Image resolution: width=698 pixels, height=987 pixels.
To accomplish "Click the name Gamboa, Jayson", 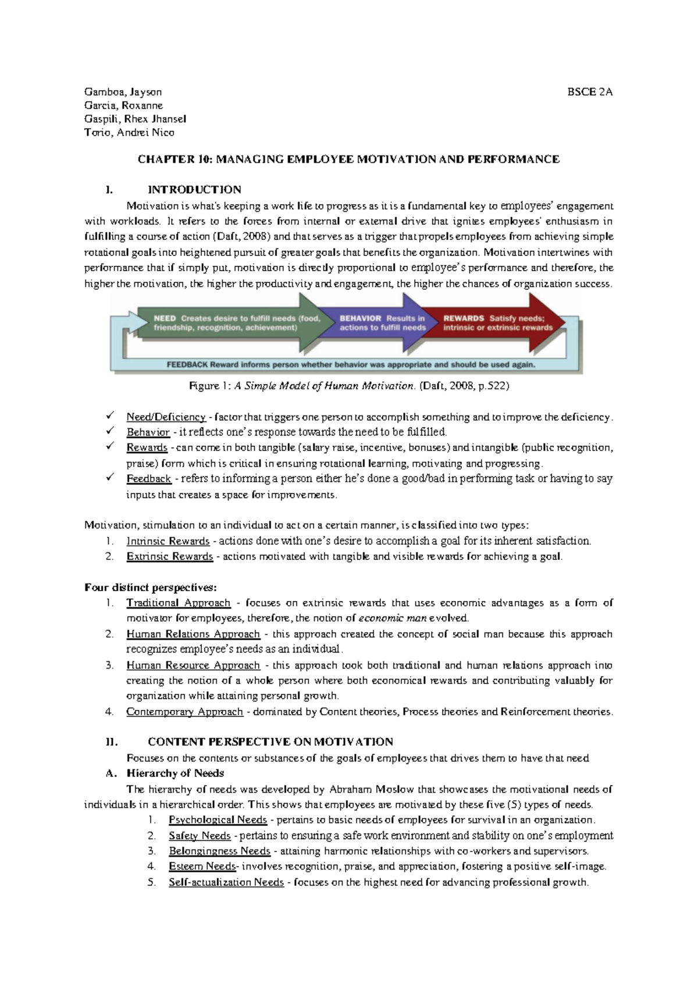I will pos(123,92).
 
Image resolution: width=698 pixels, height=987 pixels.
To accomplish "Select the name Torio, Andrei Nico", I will pos(129,133).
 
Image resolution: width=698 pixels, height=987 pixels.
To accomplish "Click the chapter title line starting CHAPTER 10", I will pos(348,159).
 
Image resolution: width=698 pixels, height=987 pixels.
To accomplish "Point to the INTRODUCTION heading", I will pos(194,190).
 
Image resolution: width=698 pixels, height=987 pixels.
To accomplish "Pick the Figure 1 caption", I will pos(349,386).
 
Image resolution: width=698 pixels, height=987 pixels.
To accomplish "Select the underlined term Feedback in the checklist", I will pos(148,479).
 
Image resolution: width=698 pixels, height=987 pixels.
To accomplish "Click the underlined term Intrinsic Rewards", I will pos(168,541).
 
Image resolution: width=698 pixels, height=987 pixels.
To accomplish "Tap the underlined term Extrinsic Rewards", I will pos(169,556).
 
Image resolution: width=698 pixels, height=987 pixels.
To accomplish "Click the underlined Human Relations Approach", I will pos(193,634).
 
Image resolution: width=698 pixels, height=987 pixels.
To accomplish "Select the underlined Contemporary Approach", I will pos(184,712).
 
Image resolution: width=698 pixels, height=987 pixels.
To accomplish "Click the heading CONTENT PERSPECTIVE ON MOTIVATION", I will pos(270,742).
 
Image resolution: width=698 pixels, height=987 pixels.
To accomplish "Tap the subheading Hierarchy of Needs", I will pos(175,773).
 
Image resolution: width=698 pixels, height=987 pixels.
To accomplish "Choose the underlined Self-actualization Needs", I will pos(226,882).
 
